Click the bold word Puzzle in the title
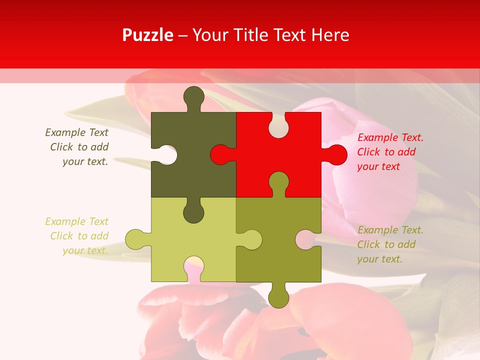pos(148,35)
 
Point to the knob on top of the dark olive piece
pos(193,96)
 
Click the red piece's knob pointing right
pos(336,154)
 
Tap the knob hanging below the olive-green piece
pos(278,296)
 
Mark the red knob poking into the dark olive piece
pos(220,154)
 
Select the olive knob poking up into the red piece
pos(278,182)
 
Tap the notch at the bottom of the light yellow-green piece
pos(193,267)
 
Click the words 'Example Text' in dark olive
pos(76,132)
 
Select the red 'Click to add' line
pos(386,152)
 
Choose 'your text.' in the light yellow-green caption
pos(85,250)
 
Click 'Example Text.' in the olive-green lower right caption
pos(390,230)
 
